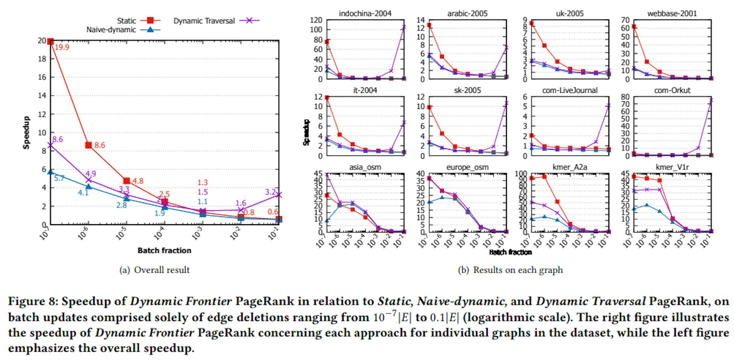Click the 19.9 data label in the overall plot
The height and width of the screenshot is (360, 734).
[x=62, y=47]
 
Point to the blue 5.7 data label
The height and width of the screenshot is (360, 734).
[x=59, y=178]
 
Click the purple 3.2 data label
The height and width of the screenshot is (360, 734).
[x=270, y=192]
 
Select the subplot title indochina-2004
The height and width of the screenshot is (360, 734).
[x=365, y=14]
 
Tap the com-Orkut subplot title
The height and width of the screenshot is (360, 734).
[x=672, y=90]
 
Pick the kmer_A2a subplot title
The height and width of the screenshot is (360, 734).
[x=570, y=167]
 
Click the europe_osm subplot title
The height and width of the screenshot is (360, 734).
[x=467, y=167]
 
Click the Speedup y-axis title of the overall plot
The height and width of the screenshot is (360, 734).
[x=27, y=133]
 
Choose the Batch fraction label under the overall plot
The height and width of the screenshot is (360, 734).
[x=165, y=250]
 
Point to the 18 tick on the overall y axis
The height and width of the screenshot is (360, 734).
[x=42, y=59]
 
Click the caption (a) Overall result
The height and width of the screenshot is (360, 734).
[x=154, y=270]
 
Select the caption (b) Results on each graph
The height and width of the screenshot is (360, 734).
[x=510, y=270]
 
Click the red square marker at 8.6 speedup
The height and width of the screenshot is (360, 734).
[x=89, y=145]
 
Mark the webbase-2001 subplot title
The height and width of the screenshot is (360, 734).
[x=672, y=14]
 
